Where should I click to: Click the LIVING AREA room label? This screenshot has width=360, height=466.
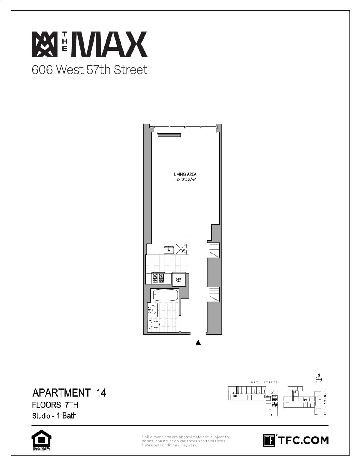185,174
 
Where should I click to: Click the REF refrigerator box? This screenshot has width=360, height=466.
179,280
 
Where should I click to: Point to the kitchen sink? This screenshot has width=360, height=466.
169,249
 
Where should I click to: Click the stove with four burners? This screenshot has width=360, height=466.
158,278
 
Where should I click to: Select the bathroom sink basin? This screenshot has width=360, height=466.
153,309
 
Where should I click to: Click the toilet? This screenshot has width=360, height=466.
153,324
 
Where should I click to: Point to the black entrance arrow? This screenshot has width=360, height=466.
198,342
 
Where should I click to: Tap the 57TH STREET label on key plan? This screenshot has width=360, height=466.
264,382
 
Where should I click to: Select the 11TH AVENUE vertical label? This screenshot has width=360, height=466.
325,402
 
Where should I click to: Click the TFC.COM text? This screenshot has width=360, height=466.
303,440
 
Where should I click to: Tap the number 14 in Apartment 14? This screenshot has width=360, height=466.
101,393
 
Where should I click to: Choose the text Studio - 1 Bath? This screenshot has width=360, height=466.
54,416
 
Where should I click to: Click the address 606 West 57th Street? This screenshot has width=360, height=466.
89,70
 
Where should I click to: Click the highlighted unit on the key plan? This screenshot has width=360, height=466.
238,390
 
